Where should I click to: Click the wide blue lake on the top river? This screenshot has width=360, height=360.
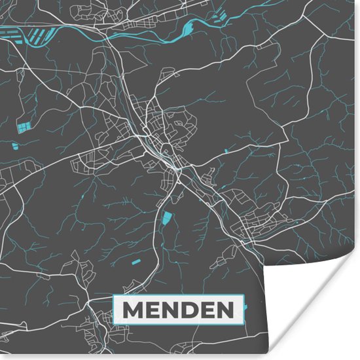pyautogui.click(x=190, y=27)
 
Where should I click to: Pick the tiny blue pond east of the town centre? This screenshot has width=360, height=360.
pyautogui.click(x=226, y=151)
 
